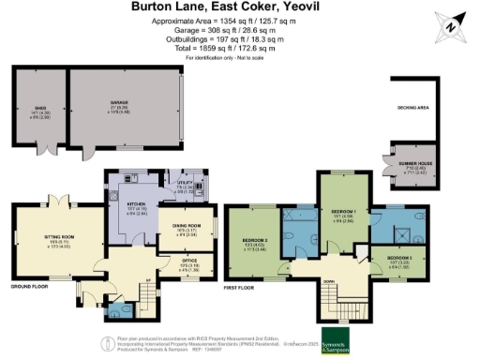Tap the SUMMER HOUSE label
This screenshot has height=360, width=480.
(407, 168)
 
